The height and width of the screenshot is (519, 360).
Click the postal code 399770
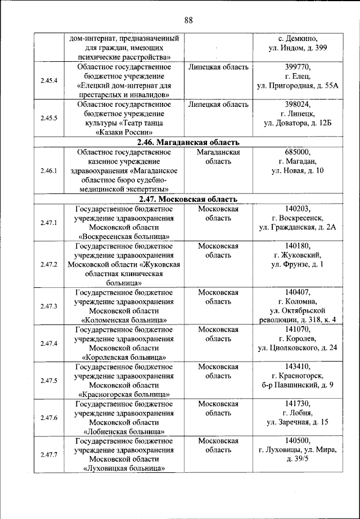298,67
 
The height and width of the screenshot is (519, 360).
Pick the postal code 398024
298,105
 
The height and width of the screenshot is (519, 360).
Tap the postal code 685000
298,152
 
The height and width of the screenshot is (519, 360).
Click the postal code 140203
298,209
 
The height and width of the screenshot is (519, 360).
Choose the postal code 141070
298,329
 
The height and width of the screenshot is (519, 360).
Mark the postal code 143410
298,367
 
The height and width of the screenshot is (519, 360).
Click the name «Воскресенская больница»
124,236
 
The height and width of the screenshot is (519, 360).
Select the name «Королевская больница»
124,356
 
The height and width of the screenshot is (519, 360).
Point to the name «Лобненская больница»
124,431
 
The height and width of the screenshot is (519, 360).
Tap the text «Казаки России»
124,133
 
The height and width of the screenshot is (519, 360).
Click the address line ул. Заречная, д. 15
298,422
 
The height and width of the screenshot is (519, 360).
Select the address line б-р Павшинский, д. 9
298,385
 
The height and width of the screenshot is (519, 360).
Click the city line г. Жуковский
298,255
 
